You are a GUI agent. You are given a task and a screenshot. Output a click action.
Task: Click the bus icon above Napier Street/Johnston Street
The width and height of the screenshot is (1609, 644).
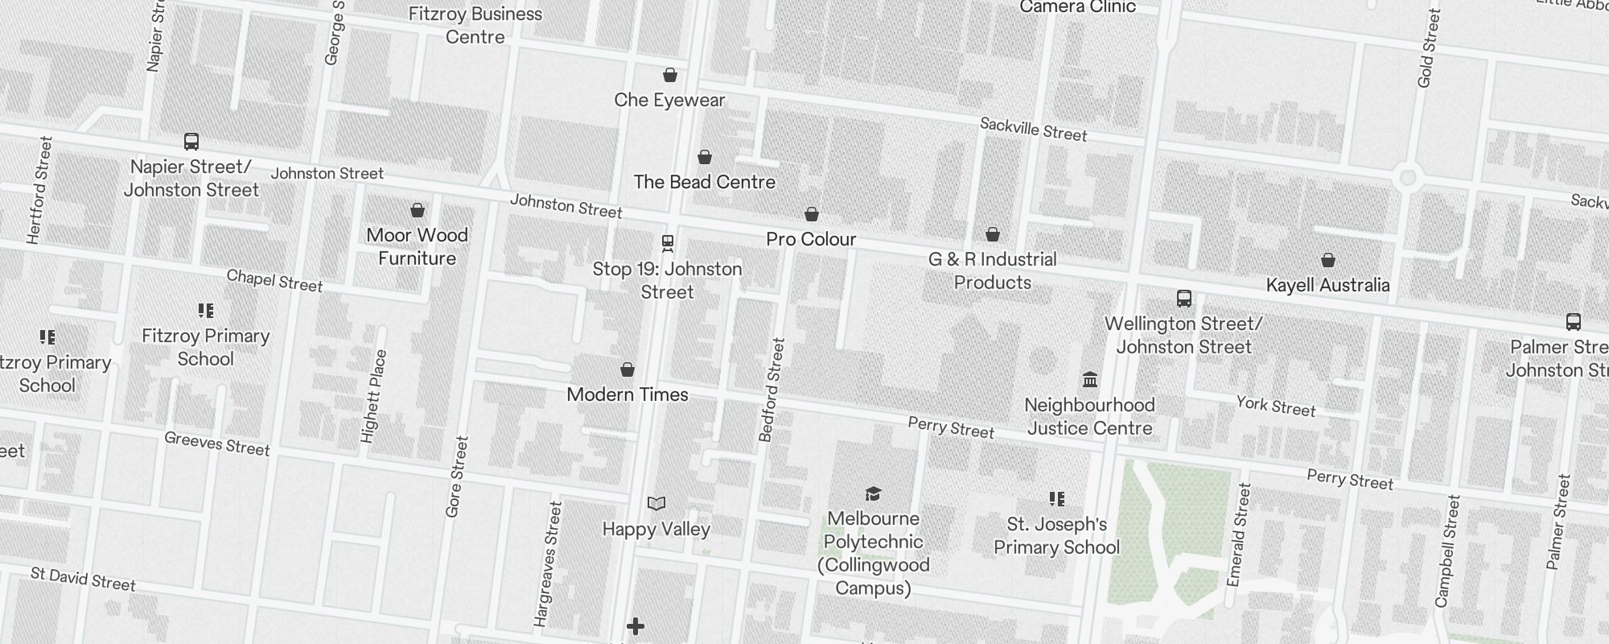[x=191, y=142]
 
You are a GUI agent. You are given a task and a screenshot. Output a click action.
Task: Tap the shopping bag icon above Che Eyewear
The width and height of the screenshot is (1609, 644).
[x=669, y=75]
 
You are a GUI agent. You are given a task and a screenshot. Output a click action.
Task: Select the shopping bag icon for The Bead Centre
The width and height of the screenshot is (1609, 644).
[x=705, y=157]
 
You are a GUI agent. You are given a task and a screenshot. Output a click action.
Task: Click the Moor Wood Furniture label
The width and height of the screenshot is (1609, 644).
[x=417, y=246]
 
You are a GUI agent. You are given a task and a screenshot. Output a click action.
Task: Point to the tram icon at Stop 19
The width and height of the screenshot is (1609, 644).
[x=667, y=242]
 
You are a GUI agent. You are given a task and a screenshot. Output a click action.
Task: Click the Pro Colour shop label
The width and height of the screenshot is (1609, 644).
[x=811, y=239]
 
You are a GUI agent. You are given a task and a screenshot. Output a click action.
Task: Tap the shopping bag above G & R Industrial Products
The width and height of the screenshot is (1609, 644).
[x=993, y=234]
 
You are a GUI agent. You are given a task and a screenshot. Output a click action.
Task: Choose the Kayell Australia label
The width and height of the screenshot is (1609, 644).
[x=1327, y=285]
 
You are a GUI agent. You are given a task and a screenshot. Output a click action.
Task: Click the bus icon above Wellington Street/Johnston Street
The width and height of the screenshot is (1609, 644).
[x=1183, y=299]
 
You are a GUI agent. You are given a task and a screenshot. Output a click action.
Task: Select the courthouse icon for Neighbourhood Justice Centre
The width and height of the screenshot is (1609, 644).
[x=1090, y=379]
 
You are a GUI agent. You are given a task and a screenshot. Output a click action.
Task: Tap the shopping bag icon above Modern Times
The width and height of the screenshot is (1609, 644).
[x=628, y=369]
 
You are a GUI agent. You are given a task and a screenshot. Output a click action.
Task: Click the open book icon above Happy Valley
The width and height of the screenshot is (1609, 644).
[x=656, y=504]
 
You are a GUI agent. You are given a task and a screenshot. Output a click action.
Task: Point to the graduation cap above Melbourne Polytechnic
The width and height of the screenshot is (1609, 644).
[x=873, y=493]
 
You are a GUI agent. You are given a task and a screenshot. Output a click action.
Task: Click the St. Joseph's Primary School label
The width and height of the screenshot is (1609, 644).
[x=1056, y=535]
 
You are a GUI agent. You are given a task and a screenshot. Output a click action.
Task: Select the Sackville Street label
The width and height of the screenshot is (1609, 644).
[x=1033, y=129]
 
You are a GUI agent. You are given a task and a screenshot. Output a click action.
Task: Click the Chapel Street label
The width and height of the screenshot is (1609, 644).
[x=274, y=280]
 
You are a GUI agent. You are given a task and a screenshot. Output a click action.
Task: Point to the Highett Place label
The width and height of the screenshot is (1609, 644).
[x=375, y=396]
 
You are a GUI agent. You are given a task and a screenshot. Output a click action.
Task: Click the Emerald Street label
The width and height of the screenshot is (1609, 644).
[x=1239, y=535]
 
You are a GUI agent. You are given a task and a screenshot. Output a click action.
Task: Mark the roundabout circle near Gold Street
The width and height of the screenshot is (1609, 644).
[x=1407, y=178]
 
